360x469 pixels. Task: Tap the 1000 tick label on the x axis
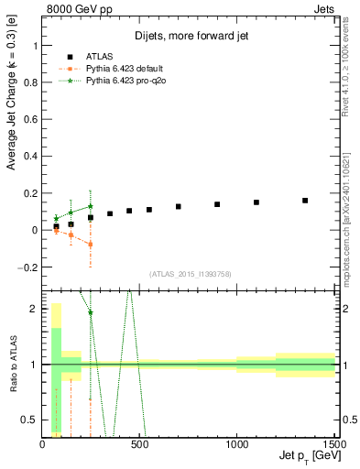point(236,445)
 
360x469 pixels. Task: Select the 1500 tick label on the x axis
point(333,445)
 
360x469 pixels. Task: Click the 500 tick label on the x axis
point(140,445)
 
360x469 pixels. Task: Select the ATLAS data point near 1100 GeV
point(256,202)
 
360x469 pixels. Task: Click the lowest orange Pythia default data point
point(90,245)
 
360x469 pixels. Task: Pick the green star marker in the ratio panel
point(90,312)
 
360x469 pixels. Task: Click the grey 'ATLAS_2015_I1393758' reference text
point(190,274)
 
